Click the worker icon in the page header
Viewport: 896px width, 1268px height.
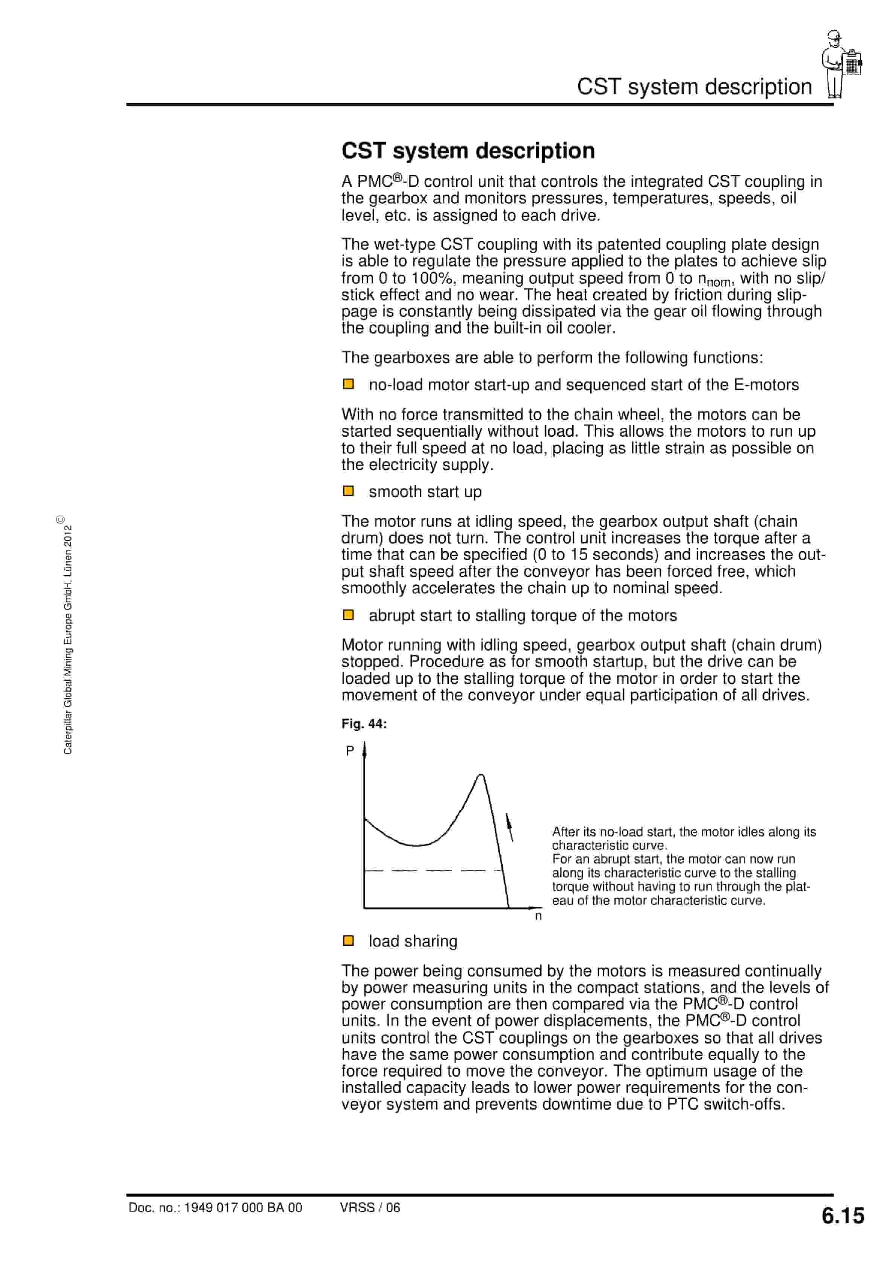coord(841,65)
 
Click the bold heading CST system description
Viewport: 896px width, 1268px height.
coord(468,151)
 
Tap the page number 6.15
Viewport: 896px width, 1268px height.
coord(843,1216)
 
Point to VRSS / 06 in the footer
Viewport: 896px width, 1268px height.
coord(370,1207)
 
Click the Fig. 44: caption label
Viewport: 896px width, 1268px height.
coord(363,724)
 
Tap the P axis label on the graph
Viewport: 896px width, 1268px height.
coord(350,751)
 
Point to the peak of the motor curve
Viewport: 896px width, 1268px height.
coord(481,776)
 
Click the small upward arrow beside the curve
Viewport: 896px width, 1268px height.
coord(509,827)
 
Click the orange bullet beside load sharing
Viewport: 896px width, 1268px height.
coord(349,940)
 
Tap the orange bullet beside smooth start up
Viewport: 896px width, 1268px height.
coord(349,491)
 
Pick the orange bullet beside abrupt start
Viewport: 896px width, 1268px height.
coord(349,615)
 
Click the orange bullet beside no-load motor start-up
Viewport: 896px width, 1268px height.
coord(349,384)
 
